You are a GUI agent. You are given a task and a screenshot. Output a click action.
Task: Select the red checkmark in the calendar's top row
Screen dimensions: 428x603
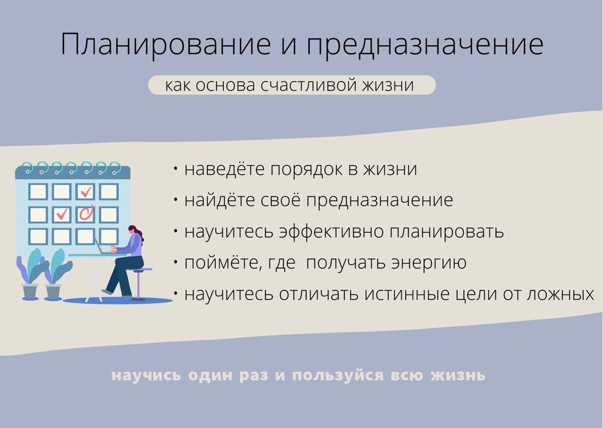click(x=86, y=191)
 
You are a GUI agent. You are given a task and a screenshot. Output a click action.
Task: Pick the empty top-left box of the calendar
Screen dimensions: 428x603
click(x=38, y=191)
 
